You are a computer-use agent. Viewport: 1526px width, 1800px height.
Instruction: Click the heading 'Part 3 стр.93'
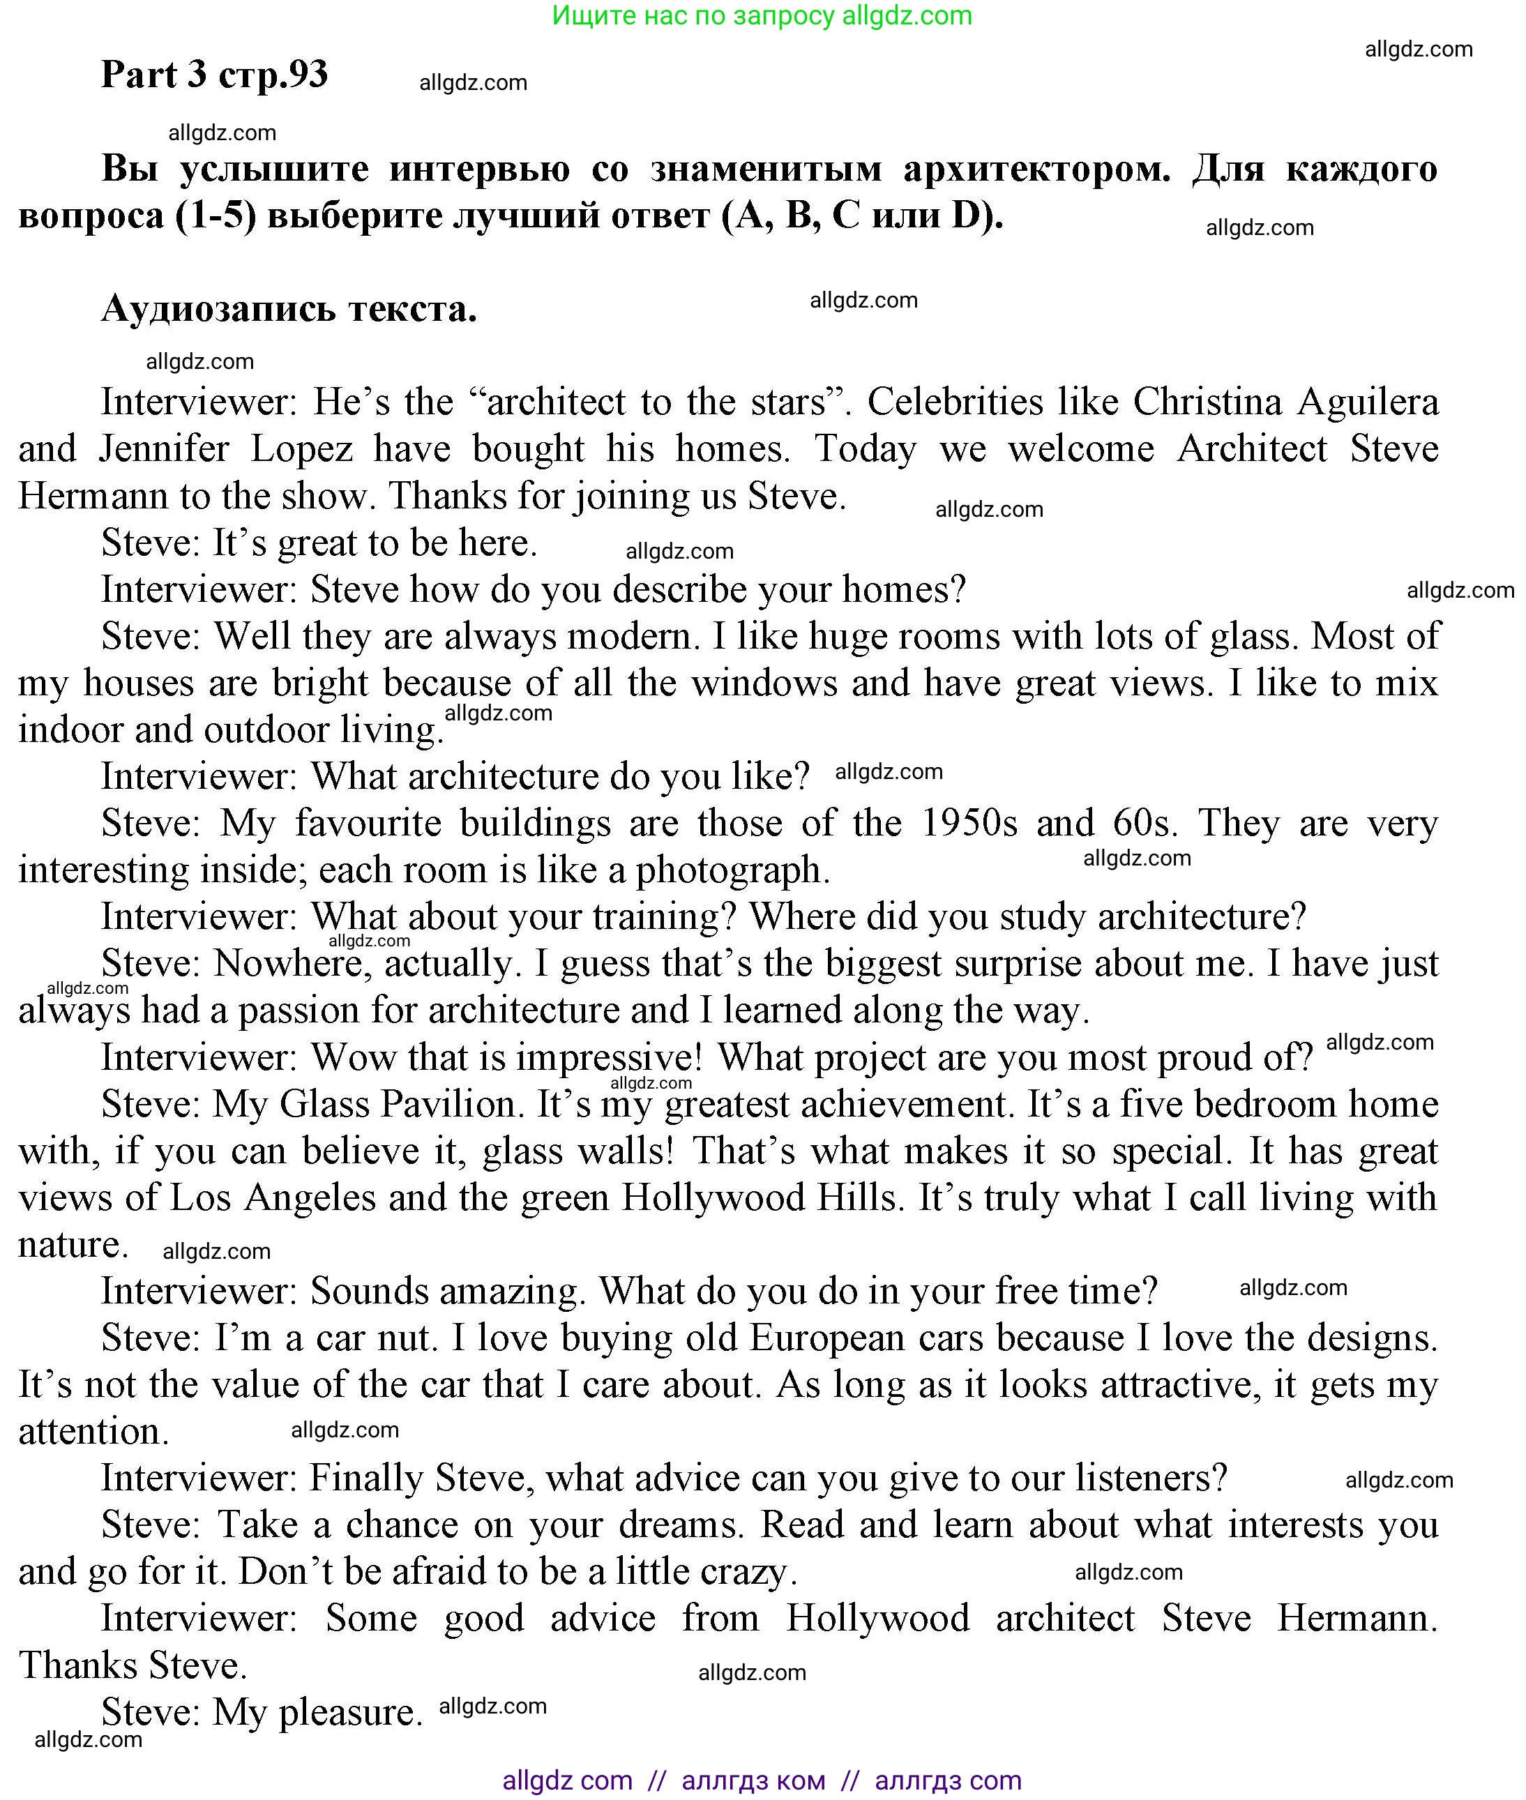[x=215, y=75]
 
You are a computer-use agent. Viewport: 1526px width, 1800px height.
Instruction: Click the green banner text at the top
[x=762, y=15]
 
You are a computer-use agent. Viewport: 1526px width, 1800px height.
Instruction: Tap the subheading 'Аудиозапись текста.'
[x=289, y=309]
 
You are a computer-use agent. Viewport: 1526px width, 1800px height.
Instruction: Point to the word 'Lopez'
[x=301, y=449]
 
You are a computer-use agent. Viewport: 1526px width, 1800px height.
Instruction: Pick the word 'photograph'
[x=732, y=870]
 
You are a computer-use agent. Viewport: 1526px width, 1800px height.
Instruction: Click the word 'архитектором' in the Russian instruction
[x=1036, y=169]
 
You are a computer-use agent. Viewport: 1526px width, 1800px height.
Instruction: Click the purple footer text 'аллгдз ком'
[x=753, y=1780]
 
